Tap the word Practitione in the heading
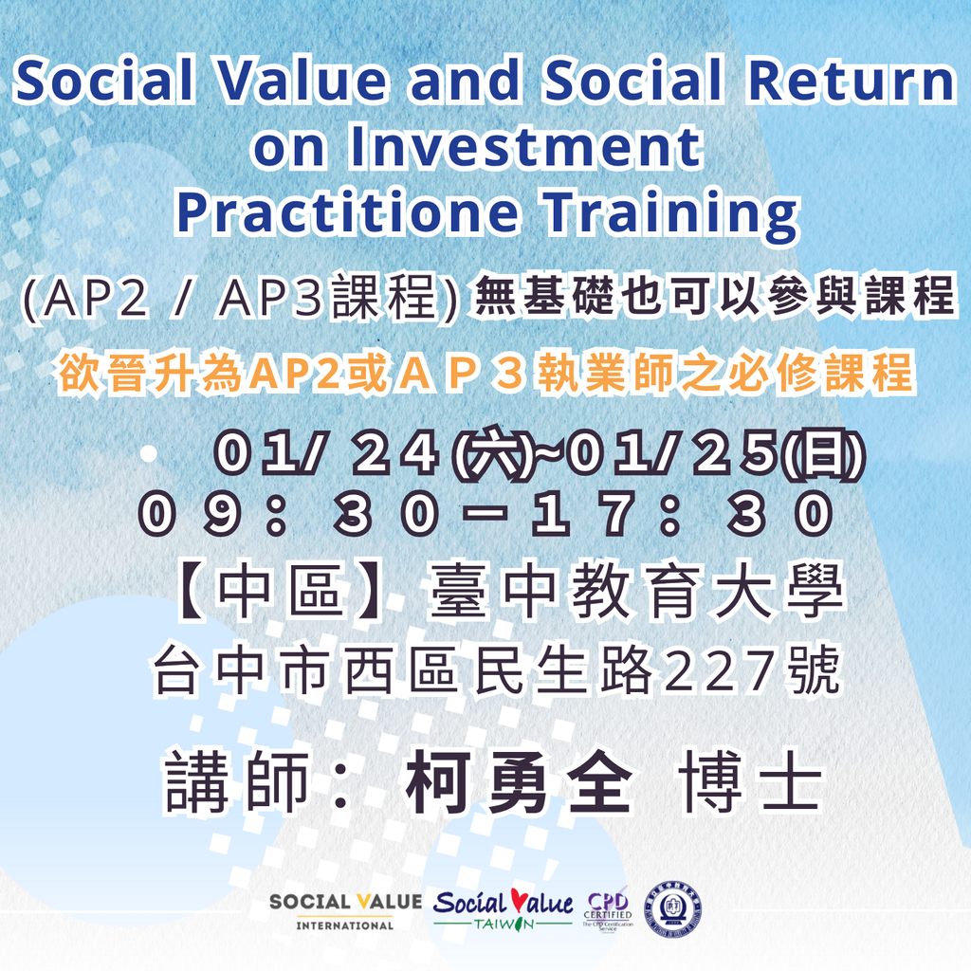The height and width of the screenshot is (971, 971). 347,211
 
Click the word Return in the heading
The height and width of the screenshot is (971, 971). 852,81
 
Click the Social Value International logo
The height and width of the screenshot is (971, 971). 345,911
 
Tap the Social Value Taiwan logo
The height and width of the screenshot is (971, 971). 503,908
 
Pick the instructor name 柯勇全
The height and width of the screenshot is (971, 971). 519,781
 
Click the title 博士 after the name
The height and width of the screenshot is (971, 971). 750,781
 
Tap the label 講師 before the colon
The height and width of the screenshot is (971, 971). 237,781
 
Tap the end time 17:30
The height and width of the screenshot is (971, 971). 682,513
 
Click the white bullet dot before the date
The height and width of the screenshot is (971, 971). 149,453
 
